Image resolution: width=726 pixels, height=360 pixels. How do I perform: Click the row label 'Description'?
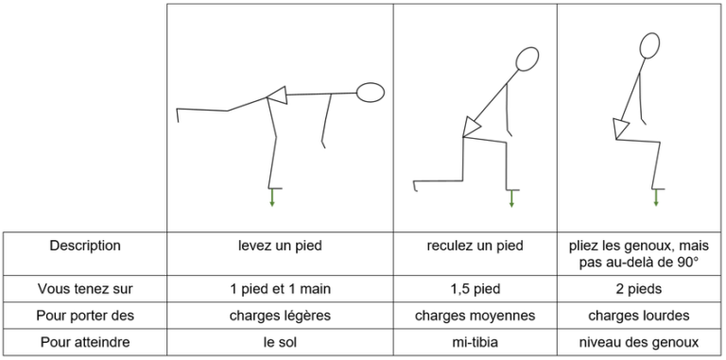tap(85, 246)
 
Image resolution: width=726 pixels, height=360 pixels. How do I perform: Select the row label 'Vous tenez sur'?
tap(85, 288)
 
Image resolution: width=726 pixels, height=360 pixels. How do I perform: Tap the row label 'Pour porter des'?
tap(85, 315)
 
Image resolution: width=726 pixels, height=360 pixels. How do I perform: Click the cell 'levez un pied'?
tap(280, 246)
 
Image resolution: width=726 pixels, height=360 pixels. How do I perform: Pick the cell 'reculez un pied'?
tap(475, 246)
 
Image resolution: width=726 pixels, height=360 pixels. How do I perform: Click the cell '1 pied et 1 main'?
tap(280, 288)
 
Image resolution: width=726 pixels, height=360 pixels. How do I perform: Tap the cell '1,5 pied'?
tap(475, 288)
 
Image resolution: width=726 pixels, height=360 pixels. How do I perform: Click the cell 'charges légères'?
tap(280, 315)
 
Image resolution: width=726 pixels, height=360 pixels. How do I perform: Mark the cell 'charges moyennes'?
tap(475, 315)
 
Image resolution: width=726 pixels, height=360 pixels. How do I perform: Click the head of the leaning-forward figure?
tap(371, 93)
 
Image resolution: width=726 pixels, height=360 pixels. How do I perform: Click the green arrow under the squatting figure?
tap(655, 197)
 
